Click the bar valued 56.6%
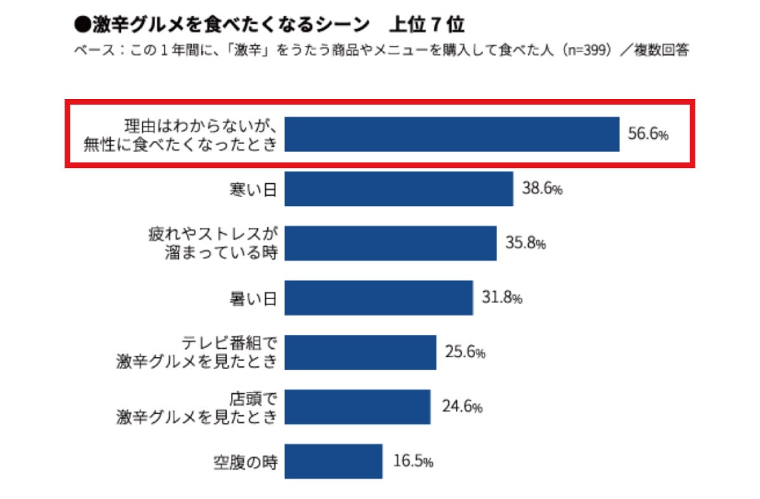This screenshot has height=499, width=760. point(452,134)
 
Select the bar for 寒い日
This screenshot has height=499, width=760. point(398,188)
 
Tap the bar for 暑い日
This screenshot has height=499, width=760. point(378,297)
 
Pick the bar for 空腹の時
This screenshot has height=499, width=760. point(333,461)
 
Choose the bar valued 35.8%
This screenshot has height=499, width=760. point(390,243)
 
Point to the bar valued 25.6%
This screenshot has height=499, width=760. point(360,352)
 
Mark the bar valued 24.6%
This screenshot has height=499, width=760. point(357,406)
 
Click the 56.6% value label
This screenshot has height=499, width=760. point(648,134)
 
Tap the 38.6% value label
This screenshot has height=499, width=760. point(542,189)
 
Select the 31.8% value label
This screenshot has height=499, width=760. point(502,298)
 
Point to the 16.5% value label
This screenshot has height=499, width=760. point(412,462)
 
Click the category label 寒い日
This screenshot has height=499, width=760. point(253,189)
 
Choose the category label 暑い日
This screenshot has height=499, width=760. point(253,298)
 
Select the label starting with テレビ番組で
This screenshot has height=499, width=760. point(197,352)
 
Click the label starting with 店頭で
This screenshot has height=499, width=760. point(197,406)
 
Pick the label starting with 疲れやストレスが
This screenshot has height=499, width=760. point(213,243)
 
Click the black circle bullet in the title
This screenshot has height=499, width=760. point(81,25)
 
